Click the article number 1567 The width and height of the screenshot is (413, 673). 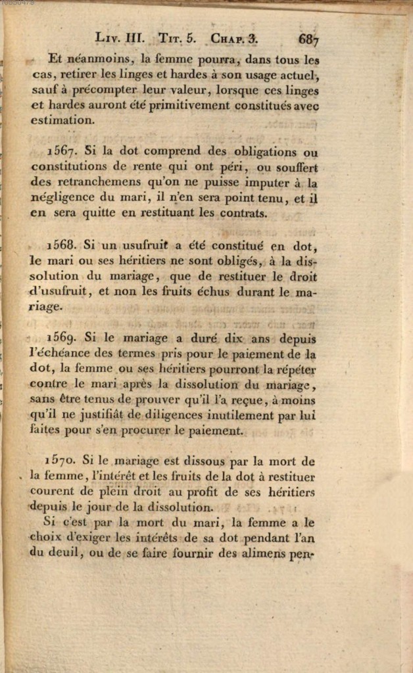pyautogui.click(x=63, y=151)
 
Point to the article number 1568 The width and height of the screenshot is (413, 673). pyautogui.click(x=63, y=246)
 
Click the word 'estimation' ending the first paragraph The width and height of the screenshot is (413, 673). pyautogui.click(x=61, y=120)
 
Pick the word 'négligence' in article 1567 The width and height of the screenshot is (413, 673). pyautogui.click(x=61, y=198)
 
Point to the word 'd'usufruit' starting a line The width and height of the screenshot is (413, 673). pyautogui.click(x=61, y=292)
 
